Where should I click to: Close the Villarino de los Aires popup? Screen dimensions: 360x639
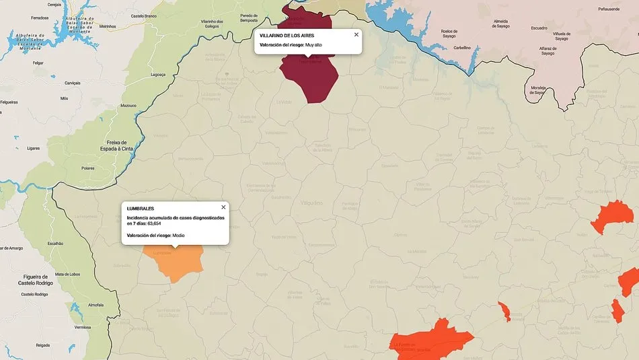356,34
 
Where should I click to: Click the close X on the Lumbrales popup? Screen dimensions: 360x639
223,207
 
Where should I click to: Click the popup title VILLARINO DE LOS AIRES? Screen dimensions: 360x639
287,35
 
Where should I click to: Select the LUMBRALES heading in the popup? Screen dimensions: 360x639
141,209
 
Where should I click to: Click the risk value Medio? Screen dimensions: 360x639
178,236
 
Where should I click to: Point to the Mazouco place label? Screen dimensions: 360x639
128,106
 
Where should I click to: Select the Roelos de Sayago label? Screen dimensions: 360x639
449,34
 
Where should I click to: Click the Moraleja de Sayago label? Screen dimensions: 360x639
537,90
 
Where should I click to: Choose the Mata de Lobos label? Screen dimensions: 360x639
67,274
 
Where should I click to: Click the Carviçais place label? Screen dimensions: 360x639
72,83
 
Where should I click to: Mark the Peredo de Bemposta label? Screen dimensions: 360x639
249,18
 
